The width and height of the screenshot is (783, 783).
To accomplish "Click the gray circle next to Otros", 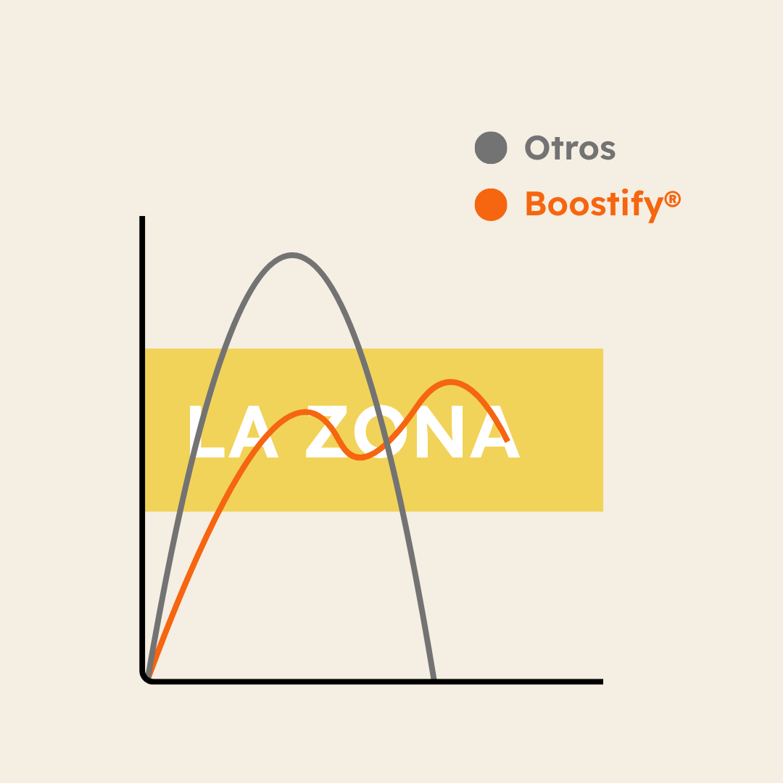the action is point(491,148).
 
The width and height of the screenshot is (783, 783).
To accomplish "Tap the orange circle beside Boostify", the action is point(491,204).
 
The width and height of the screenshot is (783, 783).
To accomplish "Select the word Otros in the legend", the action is point(570,148).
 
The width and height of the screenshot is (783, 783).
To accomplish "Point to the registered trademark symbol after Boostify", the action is point(673,199).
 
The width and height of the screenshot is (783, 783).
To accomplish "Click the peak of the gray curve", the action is point(292,255).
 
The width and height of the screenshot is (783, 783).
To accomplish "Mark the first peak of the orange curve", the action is point(306,412).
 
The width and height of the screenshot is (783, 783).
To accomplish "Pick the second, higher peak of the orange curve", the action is point(450,382).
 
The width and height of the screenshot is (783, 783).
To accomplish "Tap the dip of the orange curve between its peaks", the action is point(360,457).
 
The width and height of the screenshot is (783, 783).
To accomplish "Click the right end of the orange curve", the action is point(507,442).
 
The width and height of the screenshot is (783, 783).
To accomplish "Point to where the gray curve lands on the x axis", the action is point(434,679).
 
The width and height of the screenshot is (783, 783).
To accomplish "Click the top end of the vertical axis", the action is point(142,217).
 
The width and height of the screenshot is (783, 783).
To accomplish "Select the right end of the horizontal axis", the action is point(602,681).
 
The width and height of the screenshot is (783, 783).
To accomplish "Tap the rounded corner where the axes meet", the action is point(144,679).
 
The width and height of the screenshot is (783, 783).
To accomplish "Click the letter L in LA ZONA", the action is point(207,431).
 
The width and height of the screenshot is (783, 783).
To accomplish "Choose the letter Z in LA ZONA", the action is point(326,431).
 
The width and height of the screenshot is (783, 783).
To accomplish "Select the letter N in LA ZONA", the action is point(440,431).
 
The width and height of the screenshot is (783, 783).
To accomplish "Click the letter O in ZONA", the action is point(381,431).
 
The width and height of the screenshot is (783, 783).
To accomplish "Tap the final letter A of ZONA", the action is point(495,431).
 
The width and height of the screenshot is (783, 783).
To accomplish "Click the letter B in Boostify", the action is point(535,203).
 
